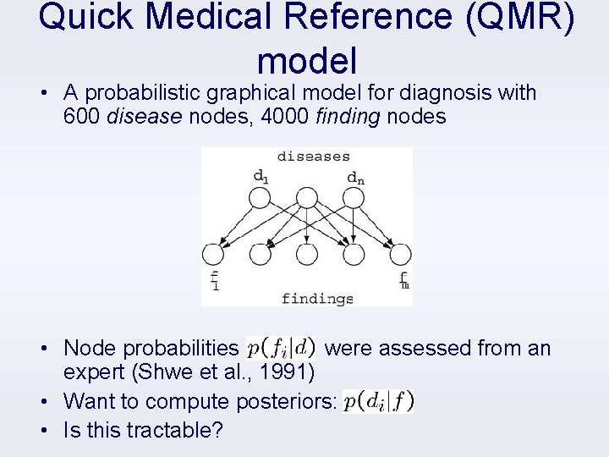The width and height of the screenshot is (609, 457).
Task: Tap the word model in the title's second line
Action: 307,61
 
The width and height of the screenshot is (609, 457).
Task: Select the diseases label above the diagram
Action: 313,156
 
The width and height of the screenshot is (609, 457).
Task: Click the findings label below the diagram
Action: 317,298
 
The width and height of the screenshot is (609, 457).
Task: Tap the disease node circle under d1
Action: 260,198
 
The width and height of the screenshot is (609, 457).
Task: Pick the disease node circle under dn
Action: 354,198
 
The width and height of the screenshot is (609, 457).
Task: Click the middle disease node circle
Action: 307,198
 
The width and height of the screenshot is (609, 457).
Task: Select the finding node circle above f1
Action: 213,254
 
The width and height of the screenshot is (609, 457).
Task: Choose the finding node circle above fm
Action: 400,254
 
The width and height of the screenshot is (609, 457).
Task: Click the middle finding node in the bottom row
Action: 307,254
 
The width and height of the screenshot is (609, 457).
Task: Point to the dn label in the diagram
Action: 356,178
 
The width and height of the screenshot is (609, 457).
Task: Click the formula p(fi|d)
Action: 281,347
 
